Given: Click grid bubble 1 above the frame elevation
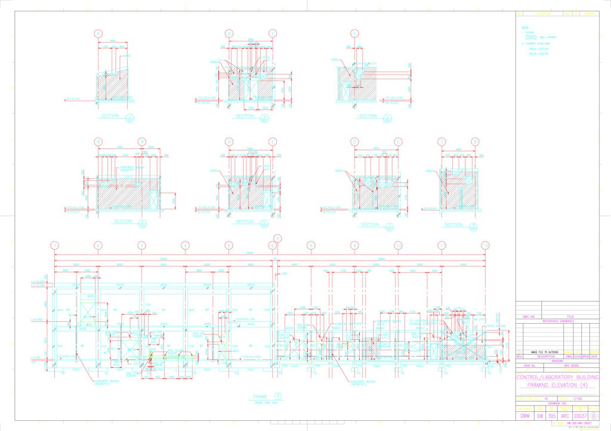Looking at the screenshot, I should coord(55,245).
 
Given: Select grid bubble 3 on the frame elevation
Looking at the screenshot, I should coord(142,245).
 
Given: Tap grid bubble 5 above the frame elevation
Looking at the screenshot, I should coord(229,245).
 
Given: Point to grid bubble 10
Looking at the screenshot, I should coord(398,245).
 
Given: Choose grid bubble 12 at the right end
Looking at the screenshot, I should coord(486,245).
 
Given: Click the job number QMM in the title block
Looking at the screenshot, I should coord(525,416).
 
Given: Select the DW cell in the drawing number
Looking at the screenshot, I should coord(540,416).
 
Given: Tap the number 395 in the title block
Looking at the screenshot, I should coord(552,416).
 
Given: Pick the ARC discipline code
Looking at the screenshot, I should coord(564,416).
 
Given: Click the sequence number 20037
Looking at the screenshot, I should coord(580,416).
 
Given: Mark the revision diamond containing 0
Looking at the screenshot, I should coord(593,416).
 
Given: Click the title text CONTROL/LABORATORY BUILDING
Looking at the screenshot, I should coord(557,378).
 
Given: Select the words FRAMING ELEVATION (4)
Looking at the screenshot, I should coord(557,386).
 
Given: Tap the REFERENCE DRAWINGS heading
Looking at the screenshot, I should coord(557,321).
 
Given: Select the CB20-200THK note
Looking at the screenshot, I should coord(538,49).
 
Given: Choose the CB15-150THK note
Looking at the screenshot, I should coord(538,54).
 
